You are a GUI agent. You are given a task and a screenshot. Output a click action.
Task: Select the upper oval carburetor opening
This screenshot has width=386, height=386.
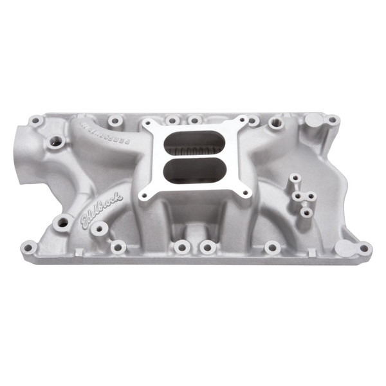click(x=194, y=142)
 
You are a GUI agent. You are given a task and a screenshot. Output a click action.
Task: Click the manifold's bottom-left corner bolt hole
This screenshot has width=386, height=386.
click(x=28, y=247)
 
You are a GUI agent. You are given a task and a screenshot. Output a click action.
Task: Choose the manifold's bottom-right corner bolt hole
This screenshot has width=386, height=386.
click(x=364, y=248)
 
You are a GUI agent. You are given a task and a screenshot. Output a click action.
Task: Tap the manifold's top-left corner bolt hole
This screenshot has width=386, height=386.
click(x=37, y=120)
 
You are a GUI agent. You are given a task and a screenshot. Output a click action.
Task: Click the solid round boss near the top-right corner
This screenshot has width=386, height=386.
click(x=314, y=120)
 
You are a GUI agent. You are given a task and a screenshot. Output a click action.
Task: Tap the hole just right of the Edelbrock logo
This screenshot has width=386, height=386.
click(x=100, y=228)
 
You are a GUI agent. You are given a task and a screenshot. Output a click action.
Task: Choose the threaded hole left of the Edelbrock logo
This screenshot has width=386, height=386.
click(x=63, y=223)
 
